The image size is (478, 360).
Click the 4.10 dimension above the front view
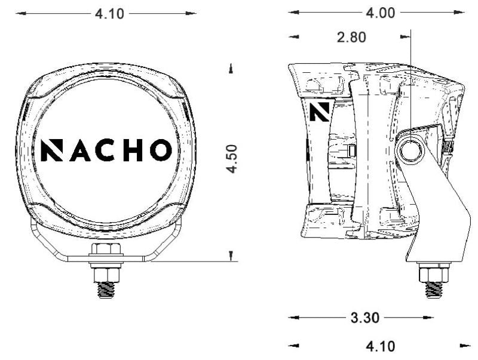(x=109, y=14)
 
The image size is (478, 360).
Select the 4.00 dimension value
(x=380, y=13)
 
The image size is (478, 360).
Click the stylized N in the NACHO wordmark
(x=52, y=150)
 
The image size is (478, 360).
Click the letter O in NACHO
(x=160, y=150)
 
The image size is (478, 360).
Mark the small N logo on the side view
(x=320, y=111)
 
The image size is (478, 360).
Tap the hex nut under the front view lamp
(x=106, y=251)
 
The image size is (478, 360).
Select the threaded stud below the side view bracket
(x=434, y=289)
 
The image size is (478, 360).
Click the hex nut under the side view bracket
(x=434, y=273)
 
